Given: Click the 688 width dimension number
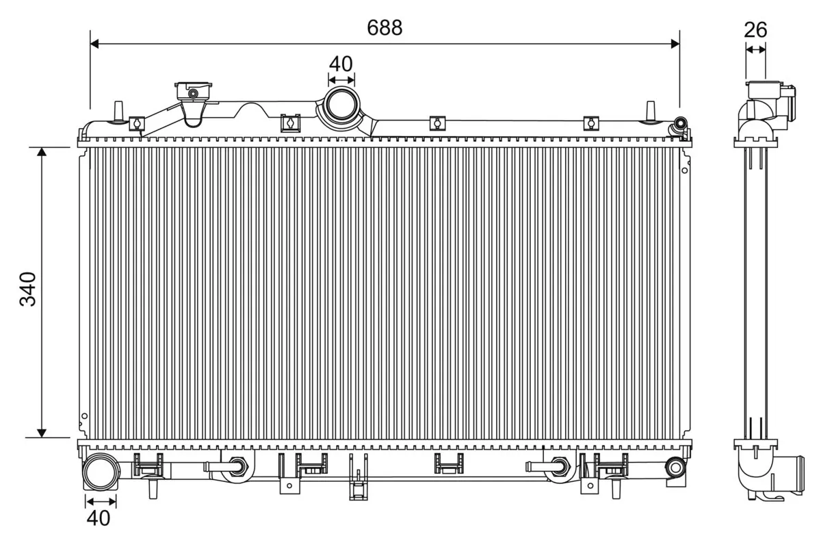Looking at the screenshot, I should [385, 27].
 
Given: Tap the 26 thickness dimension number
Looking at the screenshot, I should [755, 29].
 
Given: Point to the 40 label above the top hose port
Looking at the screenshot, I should [341, 64].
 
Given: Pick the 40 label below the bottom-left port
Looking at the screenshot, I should [99, 518].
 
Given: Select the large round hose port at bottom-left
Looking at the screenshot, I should [99, 473].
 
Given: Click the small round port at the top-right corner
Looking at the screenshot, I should [680, 125].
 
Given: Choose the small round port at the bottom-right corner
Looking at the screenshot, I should [676, 468].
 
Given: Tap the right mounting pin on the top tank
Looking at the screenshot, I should [650, 112].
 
